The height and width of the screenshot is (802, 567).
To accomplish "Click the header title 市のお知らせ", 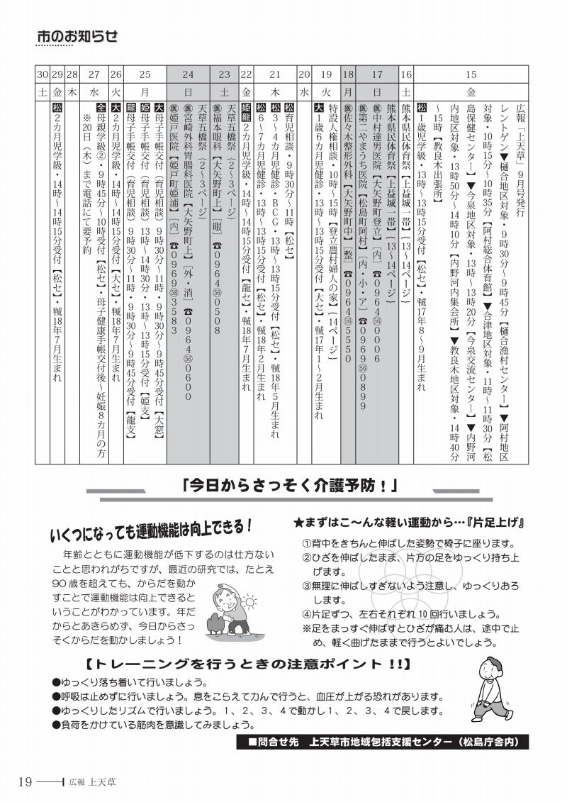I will tap(77, 36).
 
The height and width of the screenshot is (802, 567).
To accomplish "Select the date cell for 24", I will tap(187, 74).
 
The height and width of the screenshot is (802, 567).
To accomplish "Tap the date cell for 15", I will tap(471, 74).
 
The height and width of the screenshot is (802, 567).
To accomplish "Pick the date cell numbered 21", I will tap(275, 74).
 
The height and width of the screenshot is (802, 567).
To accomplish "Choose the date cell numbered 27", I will tap(94, 74).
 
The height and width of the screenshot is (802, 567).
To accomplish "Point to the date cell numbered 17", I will tap(377, 74).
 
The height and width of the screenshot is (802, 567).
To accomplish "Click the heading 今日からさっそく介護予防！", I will tap(288, 486).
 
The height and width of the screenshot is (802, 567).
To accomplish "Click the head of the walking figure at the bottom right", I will tap(490, 667).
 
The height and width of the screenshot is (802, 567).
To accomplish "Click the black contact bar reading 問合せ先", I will tap(383, 742).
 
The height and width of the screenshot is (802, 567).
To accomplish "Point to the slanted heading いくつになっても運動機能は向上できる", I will tap(152, 530).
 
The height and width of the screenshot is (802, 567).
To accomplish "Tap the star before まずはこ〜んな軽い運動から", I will tap(299, 523).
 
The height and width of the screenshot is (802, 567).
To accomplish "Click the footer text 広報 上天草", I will tap(93, 782).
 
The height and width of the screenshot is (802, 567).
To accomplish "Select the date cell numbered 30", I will tap(42, 74).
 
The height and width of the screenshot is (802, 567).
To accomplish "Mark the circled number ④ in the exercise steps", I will tap(305, 613).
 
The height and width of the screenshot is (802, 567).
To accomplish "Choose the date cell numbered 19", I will tap(326, 74).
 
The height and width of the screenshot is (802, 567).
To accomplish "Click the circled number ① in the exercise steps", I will tap(305, 543).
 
